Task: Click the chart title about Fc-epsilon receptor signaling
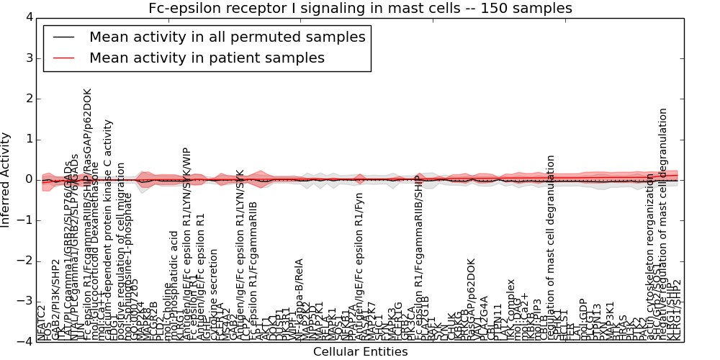pos(360,9)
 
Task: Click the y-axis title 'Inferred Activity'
pos(6,180)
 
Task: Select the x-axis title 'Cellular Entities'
pos(360,352)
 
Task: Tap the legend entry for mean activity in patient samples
pos(207,58)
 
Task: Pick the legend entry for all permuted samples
pos(227,37)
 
